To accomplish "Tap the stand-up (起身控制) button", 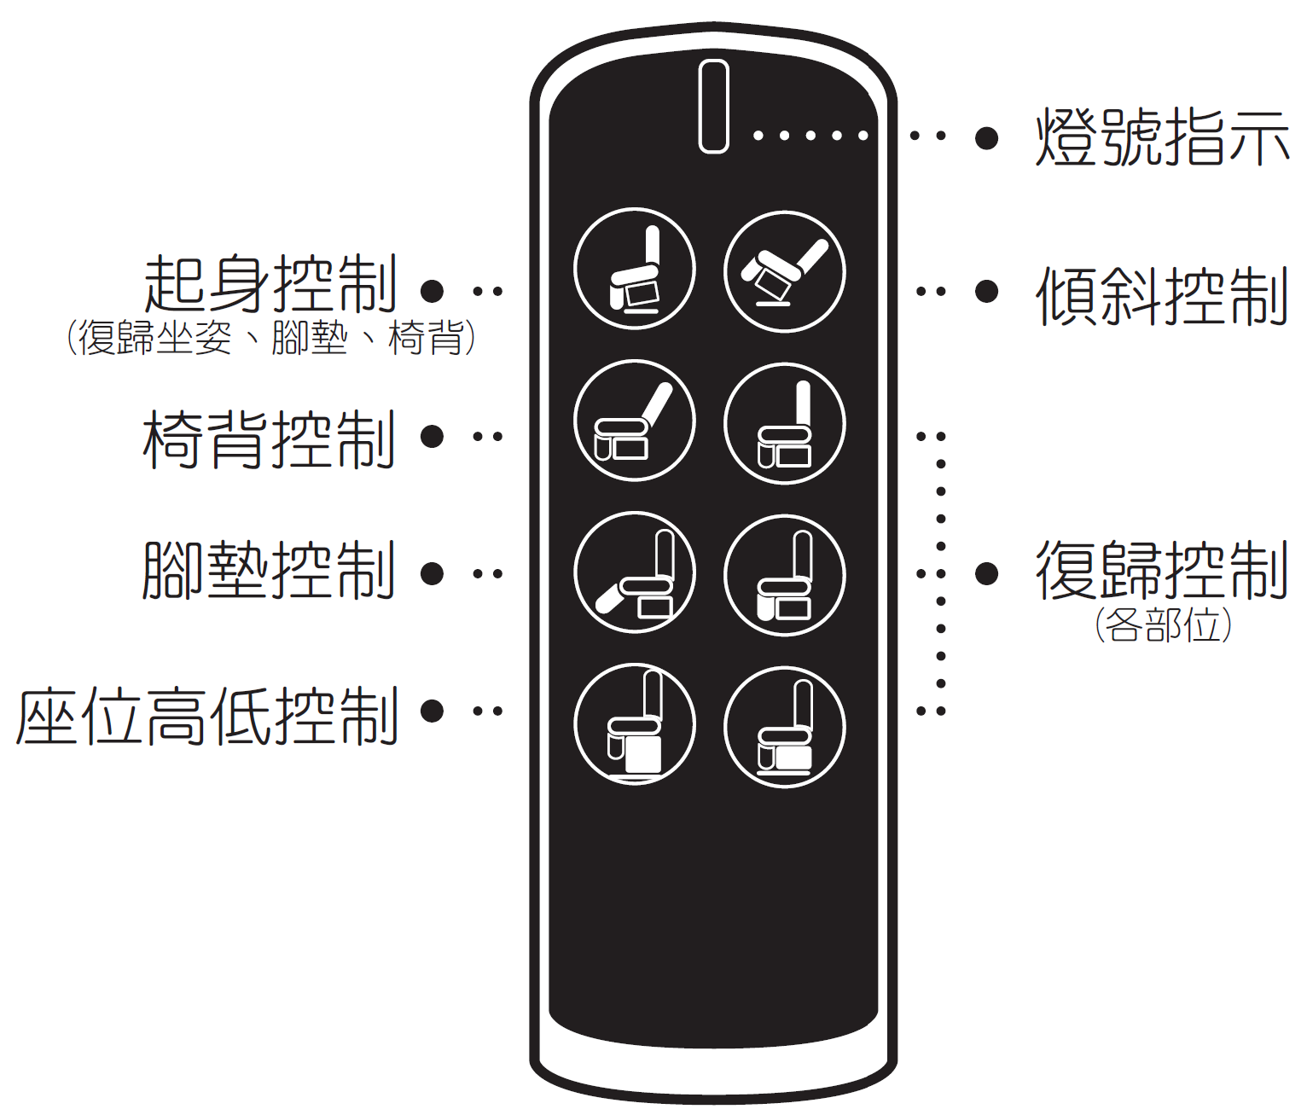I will [x=634, y=269].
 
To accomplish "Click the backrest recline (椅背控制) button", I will [x=634, y=421].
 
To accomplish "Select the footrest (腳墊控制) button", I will [x=634, y=572].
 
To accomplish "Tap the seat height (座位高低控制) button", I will [x=634, y=724].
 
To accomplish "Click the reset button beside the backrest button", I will [x=784, y=424].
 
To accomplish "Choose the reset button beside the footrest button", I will [x=784, y=576].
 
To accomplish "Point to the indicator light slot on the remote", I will [x=713, y=106].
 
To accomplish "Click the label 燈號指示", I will [x=1161, y=136].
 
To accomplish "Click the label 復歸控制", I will [x=1161, y=570].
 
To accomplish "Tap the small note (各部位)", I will [x=1163, y=625].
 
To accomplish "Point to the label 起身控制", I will [x=270, y=284].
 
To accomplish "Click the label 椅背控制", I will [x=270, y=439].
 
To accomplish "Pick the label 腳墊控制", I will [x=270, y=571].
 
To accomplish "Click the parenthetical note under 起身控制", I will [x=270, y=338].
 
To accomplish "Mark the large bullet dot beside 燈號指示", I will [x=986, y=136].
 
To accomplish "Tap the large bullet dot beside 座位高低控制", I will [x=432, y=711].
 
